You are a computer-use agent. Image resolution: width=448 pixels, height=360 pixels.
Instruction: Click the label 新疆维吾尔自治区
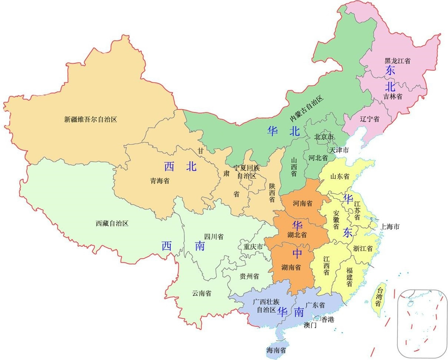pos(90,119)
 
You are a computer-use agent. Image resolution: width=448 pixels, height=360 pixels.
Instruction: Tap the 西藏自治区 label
pos(112,224)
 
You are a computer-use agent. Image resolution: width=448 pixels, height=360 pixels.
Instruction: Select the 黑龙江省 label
pos(397,61)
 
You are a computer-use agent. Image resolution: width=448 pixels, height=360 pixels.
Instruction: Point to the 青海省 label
pos(159,181)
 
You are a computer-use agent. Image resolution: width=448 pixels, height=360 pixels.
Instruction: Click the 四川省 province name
pos(214,237)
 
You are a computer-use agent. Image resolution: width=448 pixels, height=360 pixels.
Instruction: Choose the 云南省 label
pos(202,293)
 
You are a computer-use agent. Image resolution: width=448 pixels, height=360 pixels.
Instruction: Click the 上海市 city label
pos(389,227)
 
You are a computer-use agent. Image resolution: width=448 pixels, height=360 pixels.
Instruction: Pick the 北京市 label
pos(324,137)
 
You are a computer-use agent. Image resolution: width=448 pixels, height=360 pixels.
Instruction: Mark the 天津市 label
pos(339,150)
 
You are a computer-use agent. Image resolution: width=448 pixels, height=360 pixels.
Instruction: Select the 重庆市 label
pos(253,247)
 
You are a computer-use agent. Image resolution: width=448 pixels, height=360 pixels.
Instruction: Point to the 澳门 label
pos(310,326)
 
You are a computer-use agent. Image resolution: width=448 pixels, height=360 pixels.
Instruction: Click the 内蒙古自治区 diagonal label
pos(307,108)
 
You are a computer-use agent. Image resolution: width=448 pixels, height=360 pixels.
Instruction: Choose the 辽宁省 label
pos(369,119)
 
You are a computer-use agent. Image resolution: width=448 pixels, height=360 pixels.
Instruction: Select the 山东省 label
pos(340,176)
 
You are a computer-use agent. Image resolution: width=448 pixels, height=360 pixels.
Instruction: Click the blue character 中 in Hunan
pos(297,254)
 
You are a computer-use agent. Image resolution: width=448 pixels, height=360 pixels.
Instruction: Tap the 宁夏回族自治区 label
pos(247,172)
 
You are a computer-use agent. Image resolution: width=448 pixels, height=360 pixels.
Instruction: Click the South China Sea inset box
pos(422,323)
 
